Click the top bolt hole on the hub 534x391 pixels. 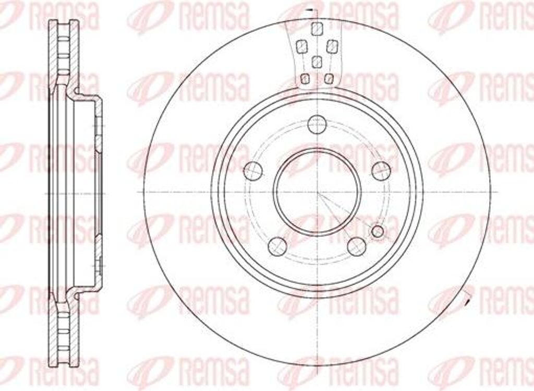[317, 124]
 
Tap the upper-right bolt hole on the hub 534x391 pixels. [381, 171]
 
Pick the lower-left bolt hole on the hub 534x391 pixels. [277, 246]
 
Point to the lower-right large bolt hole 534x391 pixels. [357, 246]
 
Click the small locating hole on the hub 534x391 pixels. [378, 231]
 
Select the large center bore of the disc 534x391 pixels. [318, 192]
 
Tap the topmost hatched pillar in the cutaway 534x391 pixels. [316, 29]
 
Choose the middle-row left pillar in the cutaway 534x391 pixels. [301, 47]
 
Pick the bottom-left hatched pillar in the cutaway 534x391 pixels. [306, 79]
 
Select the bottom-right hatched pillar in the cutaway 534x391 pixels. [328, 79]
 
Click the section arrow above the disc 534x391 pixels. [311, 10]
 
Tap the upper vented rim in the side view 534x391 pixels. [65, 52]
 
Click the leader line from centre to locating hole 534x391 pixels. [347, 211]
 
